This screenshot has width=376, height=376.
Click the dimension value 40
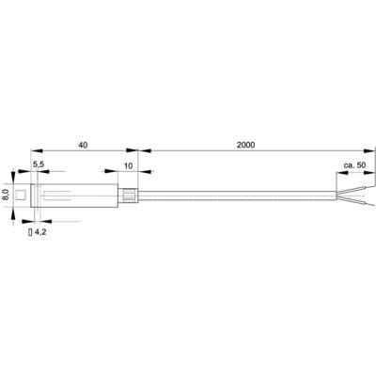point(83,145)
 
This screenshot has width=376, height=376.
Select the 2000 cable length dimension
point(246,145)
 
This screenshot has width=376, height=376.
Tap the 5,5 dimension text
point(39,165)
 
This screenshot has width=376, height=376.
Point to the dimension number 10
point(129,165)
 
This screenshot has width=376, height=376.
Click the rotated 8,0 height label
point(6,195)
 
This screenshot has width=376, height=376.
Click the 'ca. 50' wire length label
point(354,165)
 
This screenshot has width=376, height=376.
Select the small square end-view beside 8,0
point(21,195)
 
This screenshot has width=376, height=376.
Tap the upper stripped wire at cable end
point(355,188)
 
